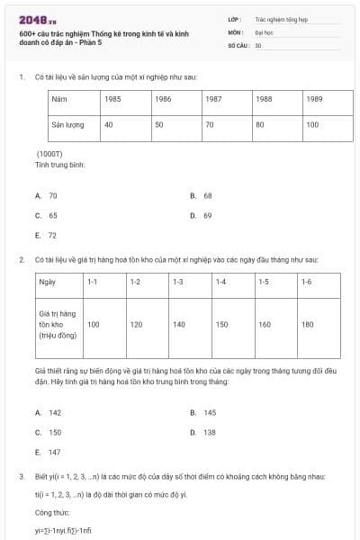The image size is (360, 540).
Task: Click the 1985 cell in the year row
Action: pos(113,98)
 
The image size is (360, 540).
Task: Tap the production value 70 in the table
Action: pos(209,124)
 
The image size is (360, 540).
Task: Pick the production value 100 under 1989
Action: pos(312,124)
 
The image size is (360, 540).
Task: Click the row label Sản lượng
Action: pos(67,124)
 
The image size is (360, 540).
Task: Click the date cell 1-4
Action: pos(220,282)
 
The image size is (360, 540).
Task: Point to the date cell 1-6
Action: pos(307,282)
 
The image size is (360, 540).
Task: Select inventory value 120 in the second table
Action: pos(137,324)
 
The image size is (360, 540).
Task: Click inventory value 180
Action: pos(308,324)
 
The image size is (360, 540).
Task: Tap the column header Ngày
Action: pos(47,282)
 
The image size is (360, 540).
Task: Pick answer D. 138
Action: pos(209,432)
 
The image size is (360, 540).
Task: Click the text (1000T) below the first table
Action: pos(49,154)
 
